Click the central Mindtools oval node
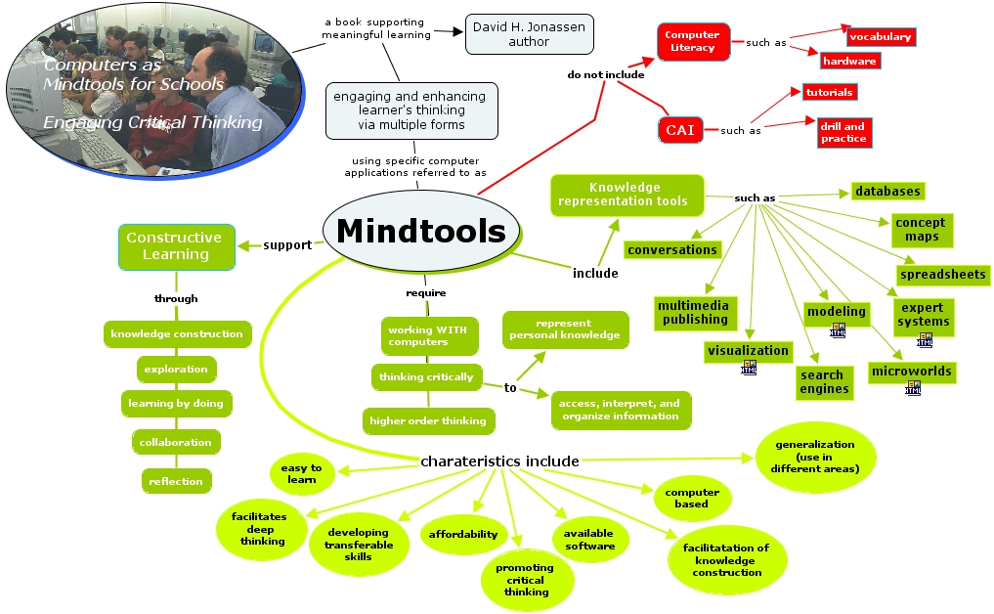tap(420, 232)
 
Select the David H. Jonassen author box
tap(529, 34)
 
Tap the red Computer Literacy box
tap(692, 41)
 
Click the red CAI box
tap(680, 130)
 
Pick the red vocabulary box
tap(880, 37)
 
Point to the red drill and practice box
tap(843, 133)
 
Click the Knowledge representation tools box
tap(626, 195)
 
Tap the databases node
tap(887, 191)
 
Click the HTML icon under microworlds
tap(913, 388)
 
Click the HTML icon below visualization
tap(749, 368)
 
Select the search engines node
tap(822, 382)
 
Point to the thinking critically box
tap(426, 377)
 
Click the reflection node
tap(176, 481)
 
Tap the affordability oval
tap(463, 534)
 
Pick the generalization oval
tap(815, 457)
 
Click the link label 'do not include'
tap(606, 74)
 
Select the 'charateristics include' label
tap(499, 461)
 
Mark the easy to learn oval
tap(301, 473)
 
